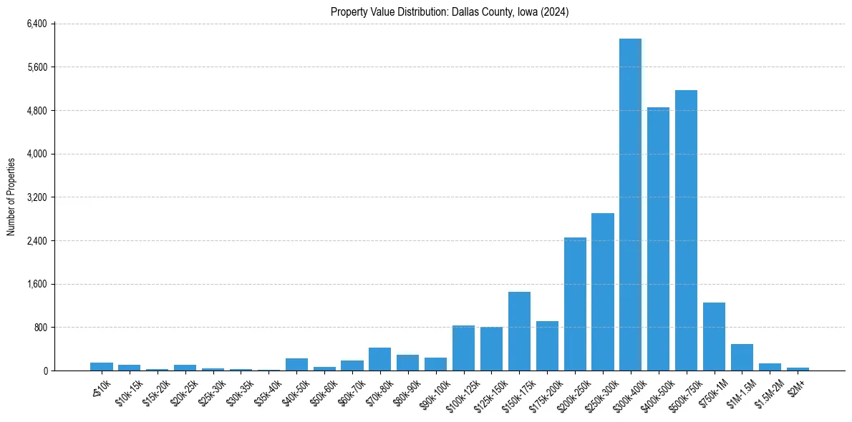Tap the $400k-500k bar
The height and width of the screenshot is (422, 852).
658,239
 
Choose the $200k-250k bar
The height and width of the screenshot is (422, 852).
575,304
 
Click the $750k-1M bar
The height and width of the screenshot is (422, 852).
714,337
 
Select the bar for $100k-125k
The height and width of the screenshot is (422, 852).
463,348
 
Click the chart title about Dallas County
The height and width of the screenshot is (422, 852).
450,12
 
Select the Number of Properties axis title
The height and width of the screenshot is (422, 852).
11,197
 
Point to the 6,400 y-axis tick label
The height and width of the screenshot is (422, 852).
37,24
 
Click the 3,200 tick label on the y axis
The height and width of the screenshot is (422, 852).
37,197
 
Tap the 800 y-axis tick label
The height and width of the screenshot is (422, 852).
39,328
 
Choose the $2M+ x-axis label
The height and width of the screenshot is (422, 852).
795,386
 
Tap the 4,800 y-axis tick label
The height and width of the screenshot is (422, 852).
37,111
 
